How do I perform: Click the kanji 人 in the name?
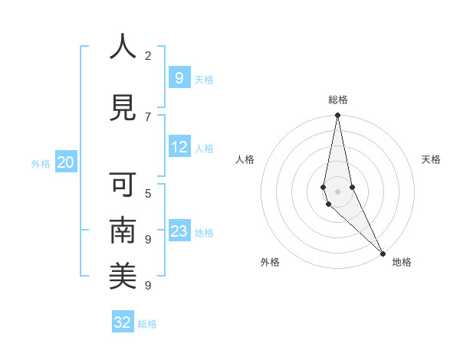pyautogui.click(x=123, y=47)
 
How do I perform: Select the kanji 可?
pyautogui.click(x=123, y=185)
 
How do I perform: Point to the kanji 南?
pyautogui.click(x=123, y=231)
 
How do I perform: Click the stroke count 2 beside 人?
pyautogui.click(x=148, y=55)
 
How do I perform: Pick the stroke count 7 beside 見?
pyautogui.click(x=148, y=116)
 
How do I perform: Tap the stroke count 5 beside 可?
pyautogui.click(x=148, y=193)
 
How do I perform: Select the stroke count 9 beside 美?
pyautogui.click(x=148, y=285)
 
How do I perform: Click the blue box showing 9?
pyautogui.click(x=179, y=78)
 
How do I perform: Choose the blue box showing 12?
pyautogui.click(x=179, y=147)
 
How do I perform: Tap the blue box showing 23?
pyautogui.click(x=179, y=231)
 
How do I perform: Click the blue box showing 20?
pyautogui.click(x=65, y=162)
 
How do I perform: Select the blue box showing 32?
pyautogui.click(x=123, y=322)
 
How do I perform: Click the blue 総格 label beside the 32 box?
pyautogui.click(x=147, y=324)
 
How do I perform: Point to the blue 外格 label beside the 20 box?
pyautogui.click(x=41, y=164)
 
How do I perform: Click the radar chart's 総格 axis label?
pyautogui.click(x=338, y=100)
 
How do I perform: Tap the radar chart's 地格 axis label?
pyautogui.click(x=402, y=262)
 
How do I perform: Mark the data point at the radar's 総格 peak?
pyautogui.click(x=337, y=116)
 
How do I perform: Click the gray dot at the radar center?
pyautogui.click(x=337, y=191)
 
